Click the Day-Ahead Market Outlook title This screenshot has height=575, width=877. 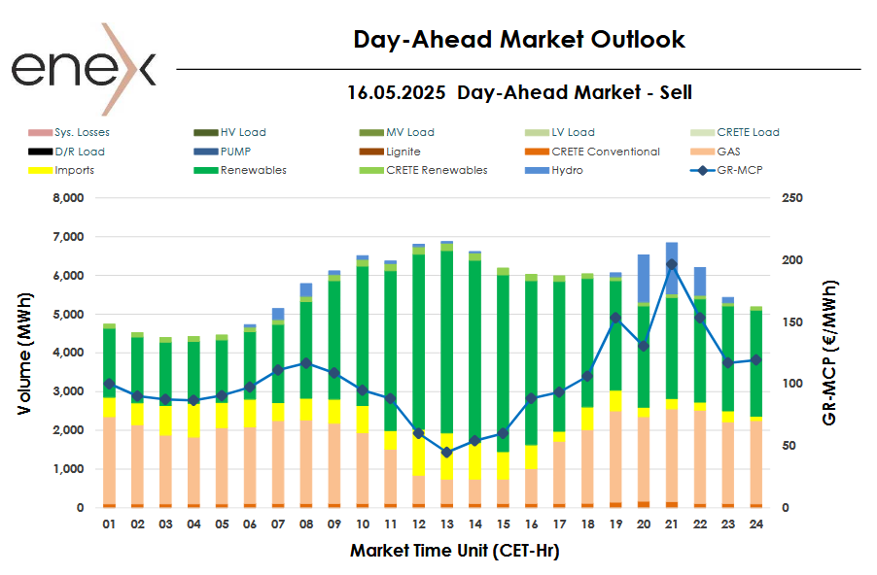pos(519,40)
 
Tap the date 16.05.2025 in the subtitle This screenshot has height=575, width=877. pos(397,93)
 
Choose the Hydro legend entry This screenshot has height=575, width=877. pos(567,170)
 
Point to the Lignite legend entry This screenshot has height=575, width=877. pos(403,152)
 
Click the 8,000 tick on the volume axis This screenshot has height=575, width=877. pos(66,198)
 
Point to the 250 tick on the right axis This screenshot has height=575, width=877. pos(792,198)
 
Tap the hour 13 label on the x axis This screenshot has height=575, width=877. pos(447,524)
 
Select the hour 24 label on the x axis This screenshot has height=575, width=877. pos(755,524)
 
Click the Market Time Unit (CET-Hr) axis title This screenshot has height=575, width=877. pos(454,551)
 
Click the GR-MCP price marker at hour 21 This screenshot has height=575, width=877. pos(672,264)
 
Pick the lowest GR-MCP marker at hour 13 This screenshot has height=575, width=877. pos(447,453)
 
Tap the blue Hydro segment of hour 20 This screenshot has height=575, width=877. pos(644,279)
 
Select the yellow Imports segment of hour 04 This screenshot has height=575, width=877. pos(194,421)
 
